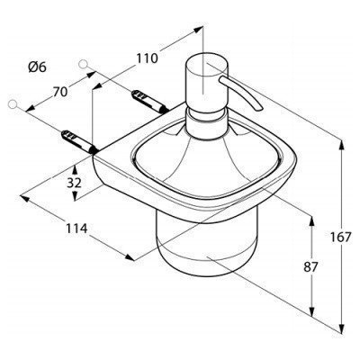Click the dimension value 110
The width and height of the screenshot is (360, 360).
pyautogui.click(x=147, y=58)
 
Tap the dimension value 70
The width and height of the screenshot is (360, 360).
pyautogui.click(x=60, y=92)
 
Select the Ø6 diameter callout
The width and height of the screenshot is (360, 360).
pyautogui.click(x=38, y=67)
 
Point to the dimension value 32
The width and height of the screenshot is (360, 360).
pyautogui.click(x=74, y=183)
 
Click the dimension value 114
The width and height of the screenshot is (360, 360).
pyautogui.click(x=76, y=229)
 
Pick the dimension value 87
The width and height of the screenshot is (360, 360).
pyautogui.click(x=310, y=266)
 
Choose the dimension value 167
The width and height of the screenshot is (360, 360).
pyautogui.click(x=340, y=238)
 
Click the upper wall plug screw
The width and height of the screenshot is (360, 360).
pyautogui.click(x=149, y=101)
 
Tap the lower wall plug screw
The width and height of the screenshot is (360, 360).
pyautogui.click(x=79, y=142)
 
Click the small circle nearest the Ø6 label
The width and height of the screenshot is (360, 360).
pyautogui.click(x=83, y=64)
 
